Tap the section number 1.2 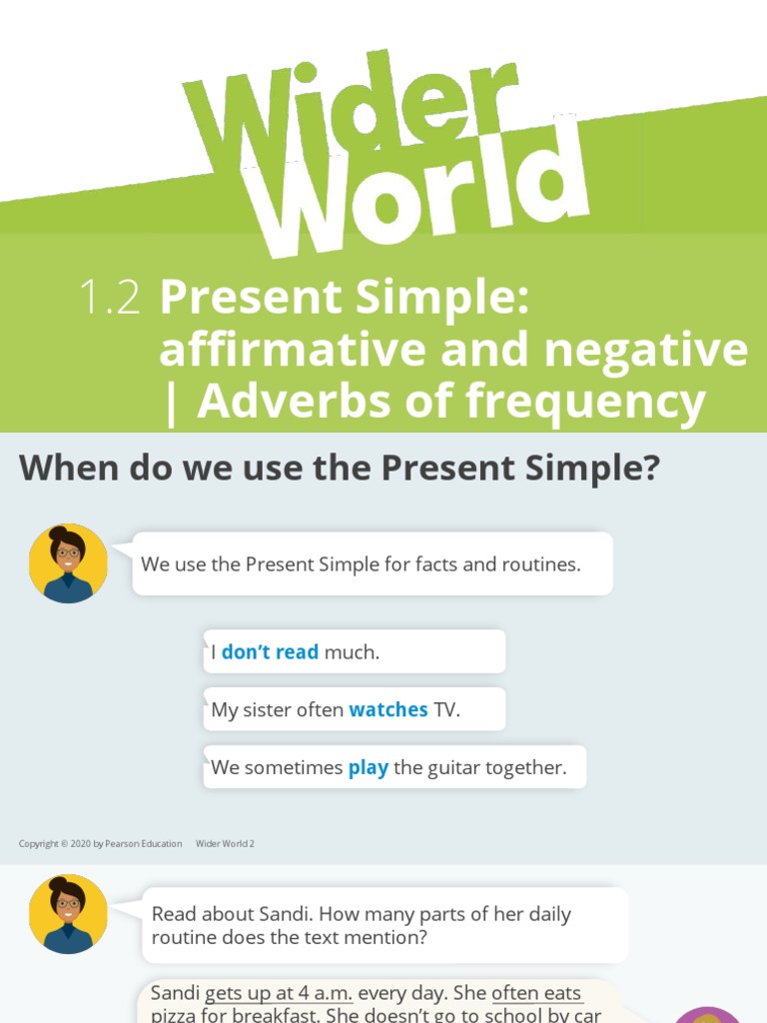point(109,298)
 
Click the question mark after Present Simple point(649,467)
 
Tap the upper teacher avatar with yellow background point(68,563)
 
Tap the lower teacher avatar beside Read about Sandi point(68,913)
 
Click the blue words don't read point(270,652)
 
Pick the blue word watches point(387,710)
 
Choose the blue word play point(368,768)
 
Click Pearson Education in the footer point(145,844)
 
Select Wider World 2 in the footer point(225,844)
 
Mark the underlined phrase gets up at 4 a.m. point(278,994)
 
